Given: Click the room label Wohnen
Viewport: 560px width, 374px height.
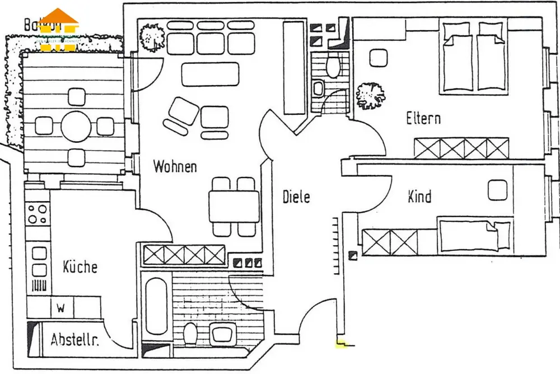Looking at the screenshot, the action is tap(175, 166).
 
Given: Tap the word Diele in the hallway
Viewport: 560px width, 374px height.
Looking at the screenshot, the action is tap(296, 197).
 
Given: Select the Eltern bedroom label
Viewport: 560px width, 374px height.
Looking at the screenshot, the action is tap(423, 119).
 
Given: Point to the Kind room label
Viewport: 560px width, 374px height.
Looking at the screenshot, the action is tap(419, 197).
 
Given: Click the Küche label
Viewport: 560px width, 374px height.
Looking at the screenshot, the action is tap(80, 267).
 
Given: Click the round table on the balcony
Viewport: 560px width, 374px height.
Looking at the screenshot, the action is tap(76, 127).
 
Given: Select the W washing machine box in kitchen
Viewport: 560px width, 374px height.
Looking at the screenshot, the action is tap(62, 307).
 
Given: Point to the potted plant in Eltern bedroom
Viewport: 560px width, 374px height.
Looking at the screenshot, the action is tap(370, 95).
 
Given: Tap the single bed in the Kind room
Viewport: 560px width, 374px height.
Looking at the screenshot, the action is tap(474, 236).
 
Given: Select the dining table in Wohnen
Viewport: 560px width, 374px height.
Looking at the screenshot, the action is tap(234, 207).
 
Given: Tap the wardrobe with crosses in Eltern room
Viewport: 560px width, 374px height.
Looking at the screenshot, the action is tap(461, 148).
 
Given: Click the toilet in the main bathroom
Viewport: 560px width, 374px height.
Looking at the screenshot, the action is tap(190, 334).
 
